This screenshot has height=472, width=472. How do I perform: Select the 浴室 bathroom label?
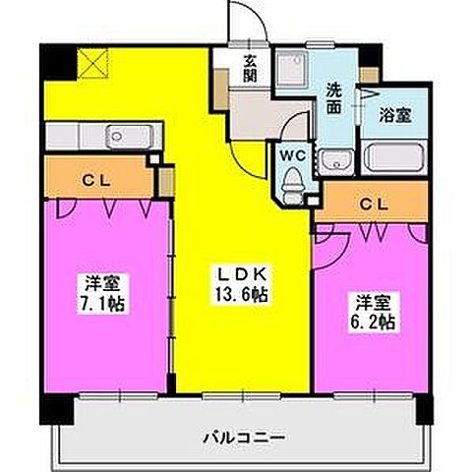pos(395,115)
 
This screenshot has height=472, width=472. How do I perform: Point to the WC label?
pos(291,154)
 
